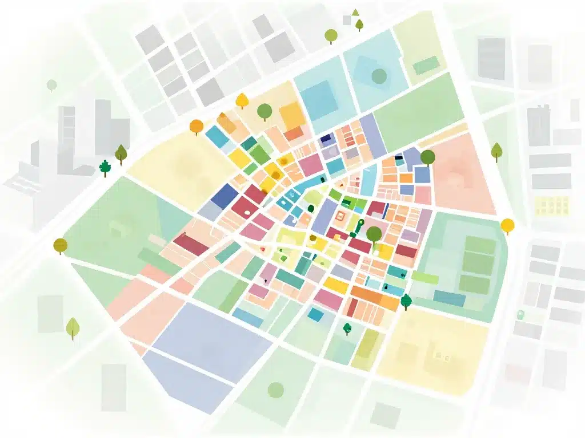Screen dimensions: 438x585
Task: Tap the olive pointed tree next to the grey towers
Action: point(121,153)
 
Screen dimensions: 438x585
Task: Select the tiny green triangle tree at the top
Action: point(355,12)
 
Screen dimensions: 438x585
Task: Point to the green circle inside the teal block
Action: point(379,75)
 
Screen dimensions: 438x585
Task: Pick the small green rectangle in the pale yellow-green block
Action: point(426,66)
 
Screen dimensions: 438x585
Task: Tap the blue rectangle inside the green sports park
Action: point(449,298)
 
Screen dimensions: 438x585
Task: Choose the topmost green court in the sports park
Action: point(480,246)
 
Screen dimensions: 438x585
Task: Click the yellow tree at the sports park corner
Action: point(507,225)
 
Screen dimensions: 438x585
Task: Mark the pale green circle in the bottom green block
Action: point(276,390)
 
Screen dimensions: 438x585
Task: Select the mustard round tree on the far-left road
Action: point(60,245)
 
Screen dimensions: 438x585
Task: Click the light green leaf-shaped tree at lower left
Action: point(73,327)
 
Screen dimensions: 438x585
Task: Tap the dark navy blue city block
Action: point(225,196)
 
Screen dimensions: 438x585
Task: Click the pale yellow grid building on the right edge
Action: point(552,205)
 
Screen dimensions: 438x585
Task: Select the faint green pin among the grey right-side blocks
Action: point(520,314)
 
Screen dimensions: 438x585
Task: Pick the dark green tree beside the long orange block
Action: point(406,300)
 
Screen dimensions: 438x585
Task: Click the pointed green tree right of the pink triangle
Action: point(496,151)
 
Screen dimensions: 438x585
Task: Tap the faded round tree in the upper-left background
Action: point(52,86)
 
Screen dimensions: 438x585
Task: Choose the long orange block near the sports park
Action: point(374,297)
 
